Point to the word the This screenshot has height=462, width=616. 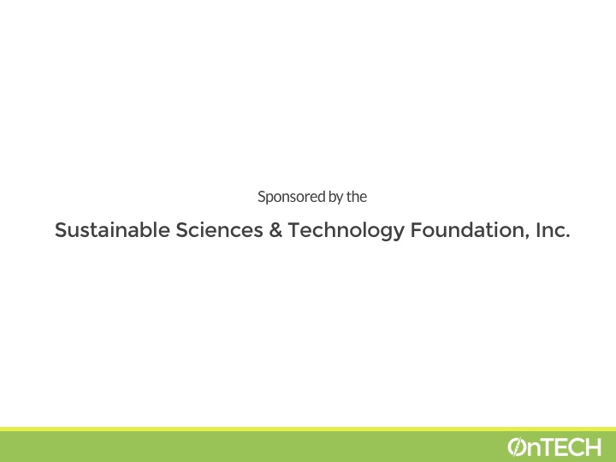coord(357,197)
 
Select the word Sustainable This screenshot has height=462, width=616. coord(112,230)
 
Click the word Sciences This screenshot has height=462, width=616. coord(219,230)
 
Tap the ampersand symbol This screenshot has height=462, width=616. coord(275,230)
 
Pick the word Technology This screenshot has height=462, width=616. coord(346,231)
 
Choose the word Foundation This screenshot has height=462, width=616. coord(470,230)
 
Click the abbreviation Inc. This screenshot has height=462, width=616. coord(553,230)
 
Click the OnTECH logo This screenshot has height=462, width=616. coord(554,447)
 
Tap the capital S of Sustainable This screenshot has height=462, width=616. coord(61,230)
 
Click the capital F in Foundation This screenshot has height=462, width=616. coord(417,230)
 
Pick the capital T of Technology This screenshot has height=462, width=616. coord(295,230)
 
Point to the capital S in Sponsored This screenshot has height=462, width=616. coord(261,197)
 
